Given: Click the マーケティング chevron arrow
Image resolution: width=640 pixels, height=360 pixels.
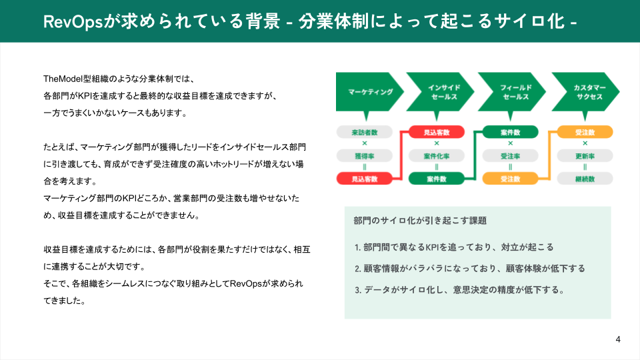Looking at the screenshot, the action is click(367, 92).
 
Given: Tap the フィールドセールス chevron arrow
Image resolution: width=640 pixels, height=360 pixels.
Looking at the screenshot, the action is click(512, 92).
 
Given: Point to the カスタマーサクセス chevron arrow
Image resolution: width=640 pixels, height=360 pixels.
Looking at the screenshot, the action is click(585, 92).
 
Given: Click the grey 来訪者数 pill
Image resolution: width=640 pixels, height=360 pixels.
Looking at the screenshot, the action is click(365, 132).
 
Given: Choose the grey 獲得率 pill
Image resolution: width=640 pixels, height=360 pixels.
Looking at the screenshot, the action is click(365, 156).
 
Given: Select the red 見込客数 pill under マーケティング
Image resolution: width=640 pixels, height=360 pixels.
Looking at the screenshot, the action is click(365, 179).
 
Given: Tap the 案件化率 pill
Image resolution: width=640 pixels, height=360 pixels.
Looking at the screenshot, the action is click(436, 156).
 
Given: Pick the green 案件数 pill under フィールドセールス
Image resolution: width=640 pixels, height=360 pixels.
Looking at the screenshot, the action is click(510, 132).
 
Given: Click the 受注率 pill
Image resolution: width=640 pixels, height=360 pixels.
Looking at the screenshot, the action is click(510, 156).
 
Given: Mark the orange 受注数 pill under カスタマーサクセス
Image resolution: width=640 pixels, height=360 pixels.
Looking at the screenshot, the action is click(585, 132).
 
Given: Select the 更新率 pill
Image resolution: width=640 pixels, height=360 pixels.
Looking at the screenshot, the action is click(585, 156).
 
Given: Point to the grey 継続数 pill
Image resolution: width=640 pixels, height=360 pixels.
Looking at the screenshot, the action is click(585, 179).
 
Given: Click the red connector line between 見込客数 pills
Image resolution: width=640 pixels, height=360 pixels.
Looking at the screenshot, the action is click(401, 155).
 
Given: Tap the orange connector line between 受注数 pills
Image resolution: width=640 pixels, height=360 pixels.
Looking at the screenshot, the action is click(549, 155).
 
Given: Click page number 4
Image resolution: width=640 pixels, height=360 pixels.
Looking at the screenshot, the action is click(618, 339).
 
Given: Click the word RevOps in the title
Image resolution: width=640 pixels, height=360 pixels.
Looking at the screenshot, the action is click(73, 21).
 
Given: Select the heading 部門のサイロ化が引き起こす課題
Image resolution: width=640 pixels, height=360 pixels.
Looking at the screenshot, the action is click(420, 221).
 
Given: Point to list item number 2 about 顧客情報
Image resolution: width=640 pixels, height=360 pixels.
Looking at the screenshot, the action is click(470, 269).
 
